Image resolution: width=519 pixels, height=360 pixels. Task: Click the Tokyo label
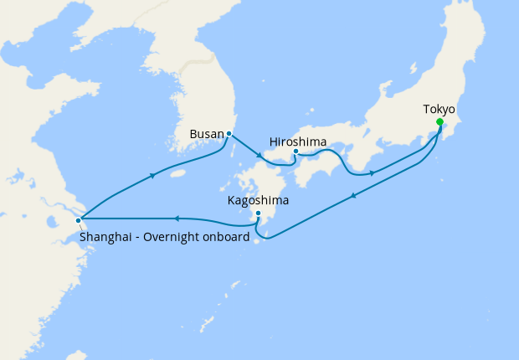tap(439, 110)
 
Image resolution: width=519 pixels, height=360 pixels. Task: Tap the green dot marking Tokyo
tap(439, 122)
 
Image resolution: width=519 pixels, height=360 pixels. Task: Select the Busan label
tap(207, 133)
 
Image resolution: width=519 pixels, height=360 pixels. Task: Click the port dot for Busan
tap(229, 133)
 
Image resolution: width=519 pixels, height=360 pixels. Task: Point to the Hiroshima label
tap(298, 141)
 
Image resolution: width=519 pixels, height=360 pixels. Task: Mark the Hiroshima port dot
tap(295, 152)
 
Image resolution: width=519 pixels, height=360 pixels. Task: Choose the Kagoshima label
tap(259, 201)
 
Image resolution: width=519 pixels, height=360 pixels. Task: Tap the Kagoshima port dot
tap(259, 213)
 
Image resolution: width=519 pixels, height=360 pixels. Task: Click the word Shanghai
tap(107, 237)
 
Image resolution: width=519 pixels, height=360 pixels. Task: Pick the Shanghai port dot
tap(79, 221)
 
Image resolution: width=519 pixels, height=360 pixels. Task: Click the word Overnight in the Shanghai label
tap(176, 237)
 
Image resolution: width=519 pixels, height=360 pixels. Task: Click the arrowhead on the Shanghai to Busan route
tap(152, 175)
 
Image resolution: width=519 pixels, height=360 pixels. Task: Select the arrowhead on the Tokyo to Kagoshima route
tap(355, 196)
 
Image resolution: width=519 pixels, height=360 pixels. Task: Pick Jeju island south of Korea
tap(177, 174)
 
